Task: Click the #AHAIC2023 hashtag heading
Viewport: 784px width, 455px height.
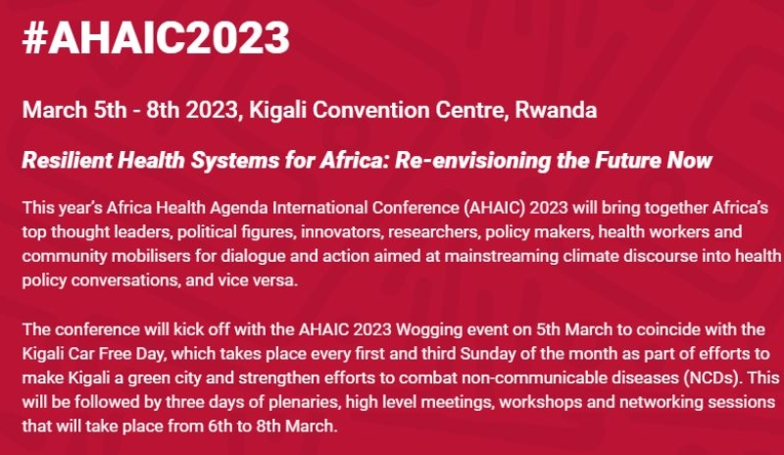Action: [156, 38]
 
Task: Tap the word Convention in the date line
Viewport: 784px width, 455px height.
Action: [369, 110]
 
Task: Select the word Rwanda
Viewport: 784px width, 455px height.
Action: [556, 110]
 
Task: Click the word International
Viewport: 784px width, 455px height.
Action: [319, 208]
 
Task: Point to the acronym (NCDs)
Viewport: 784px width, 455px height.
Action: [711, 378]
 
